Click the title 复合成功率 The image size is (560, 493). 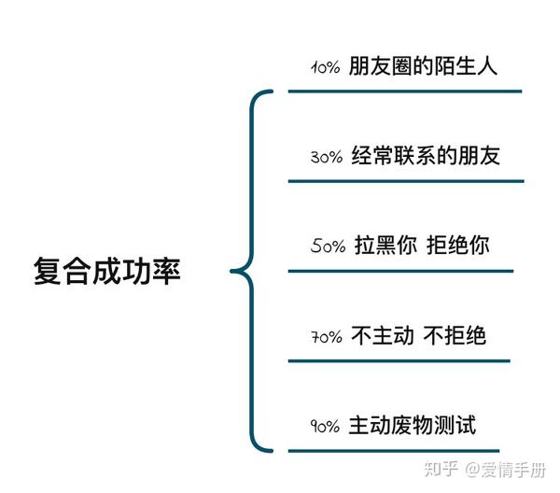105,271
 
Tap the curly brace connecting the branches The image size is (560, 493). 250,271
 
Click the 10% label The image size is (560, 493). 324,68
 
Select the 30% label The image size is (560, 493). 326,157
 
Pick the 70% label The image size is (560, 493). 327,337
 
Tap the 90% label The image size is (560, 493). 326,427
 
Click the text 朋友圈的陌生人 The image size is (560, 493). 422,66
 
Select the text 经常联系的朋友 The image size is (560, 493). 426,155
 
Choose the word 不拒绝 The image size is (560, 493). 455,335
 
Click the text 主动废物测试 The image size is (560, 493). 412,425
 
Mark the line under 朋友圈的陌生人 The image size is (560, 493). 404,92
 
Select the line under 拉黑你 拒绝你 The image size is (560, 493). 400,271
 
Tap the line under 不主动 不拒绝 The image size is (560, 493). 399,360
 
